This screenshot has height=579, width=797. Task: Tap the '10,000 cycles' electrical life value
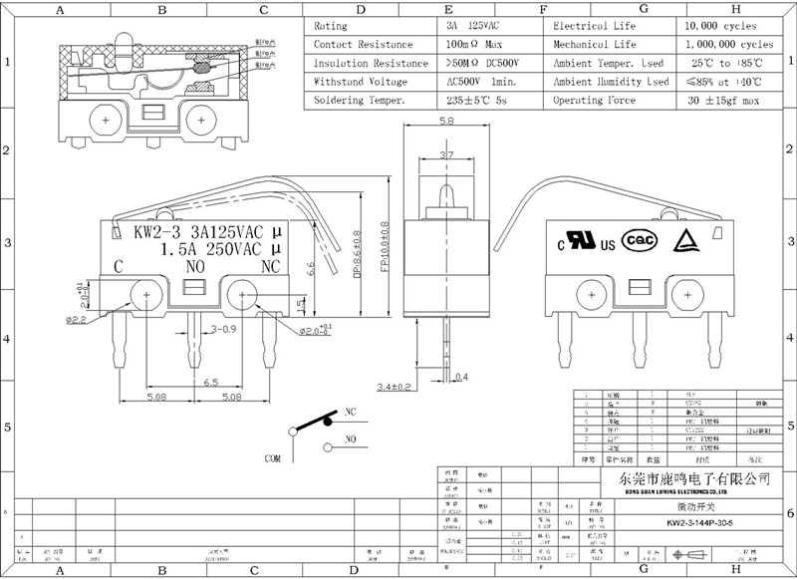pyautogui.click(x=720, y=26)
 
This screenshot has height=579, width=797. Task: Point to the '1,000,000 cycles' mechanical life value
pyautogui.click(x=729, y=45)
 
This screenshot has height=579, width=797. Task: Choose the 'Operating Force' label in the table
pyautogui.click(x=595, y=101)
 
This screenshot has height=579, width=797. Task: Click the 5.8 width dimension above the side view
pyautogui.click(x=445, y=121)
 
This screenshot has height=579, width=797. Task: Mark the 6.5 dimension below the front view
pyautogui.click(x=211, y=383)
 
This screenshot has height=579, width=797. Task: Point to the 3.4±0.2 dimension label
pyautogui.click(x=396, y=386)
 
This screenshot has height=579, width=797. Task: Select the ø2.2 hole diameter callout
pyautogui.click(x=77, y=320)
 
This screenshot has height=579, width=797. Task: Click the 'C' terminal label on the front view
pyautogui.click(x=119, y=266)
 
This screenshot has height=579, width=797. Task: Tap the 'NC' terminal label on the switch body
pyautogui.click(x=270, y=266)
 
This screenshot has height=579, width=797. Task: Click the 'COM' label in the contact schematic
pyautogui.click(x=272, y=458)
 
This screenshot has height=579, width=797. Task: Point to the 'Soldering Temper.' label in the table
pyautogui.click(x=360, y=101)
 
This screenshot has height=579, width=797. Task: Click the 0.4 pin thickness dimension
pyautogui.click(x=460, y=377)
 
